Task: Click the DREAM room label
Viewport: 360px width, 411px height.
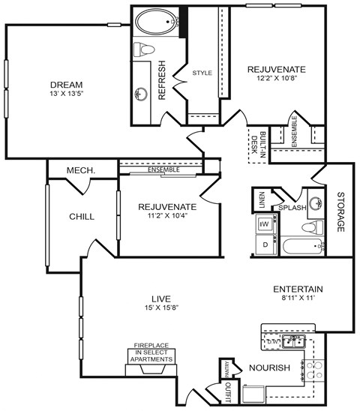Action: coord(66,84)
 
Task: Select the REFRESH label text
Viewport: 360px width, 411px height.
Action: coord(161,82)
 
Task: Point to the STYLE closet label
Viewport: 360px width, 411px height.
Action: coord(202,73)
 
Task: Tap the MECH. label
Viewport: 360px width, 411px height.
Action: coord(80,171)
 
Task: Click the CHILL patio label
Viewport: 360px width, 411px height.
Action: coord(81,217)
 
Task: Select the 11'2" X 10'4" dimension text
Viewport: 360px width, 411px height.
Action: coord(167,218)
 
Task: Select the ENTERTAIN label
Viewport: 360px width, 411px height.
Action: coord(298,289)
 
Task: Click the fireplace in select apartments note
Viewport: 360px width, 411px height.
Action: coord(154,352)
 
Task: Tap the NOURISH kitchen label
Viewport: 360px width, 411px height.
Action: coord(270,367)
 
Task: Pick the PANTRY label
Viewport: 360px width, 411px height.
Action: coord(224,369)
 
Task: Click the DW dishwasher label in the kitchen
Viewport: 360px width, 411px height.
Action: coord(271,342)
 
